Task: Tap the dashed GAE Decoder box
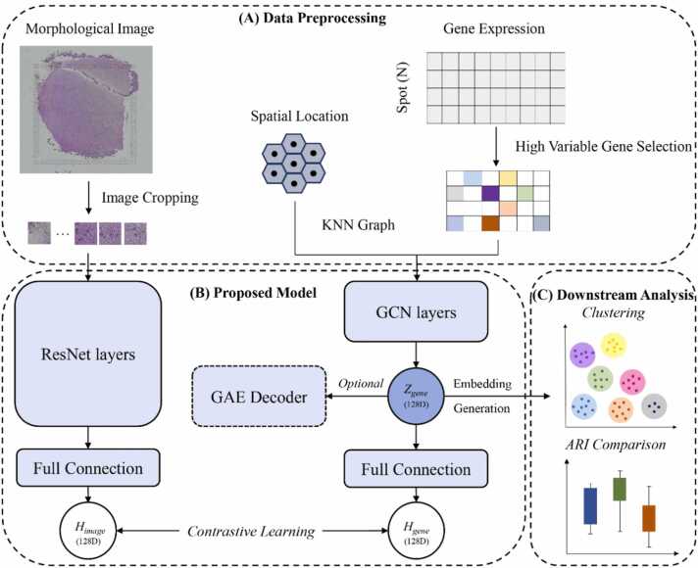pos(258,399)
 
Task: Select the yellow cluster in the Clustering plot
pos(614,344)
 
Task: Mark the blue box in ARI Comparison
pos(590,505)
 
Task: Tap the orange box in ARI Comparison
pos(649,518)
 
